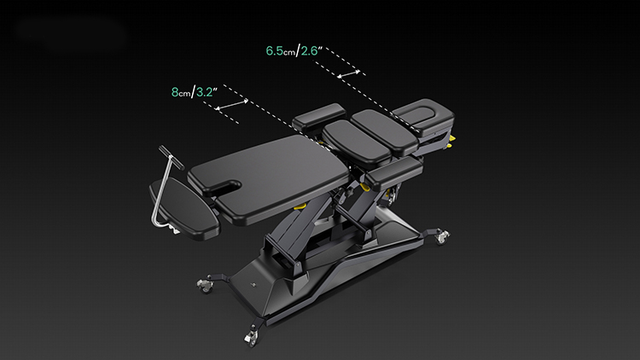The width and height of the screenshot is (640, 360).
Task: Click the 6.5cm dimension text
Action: click(x=280, y=51)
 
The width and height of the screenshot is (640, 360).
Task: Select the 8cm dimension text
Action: click(x=180, y=92)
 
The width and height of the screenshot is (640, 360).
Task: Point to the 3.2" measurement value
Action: click(x=207, y=92)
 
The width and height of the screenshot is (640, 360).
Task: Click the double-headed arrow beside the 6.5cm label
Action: click(x=348, y=73)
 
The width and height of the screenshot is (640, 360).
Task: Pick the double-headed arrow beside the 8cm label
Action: click(x=231, y=104)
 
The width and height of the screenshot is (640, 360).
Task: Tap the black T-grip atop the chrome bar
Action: click(x=171, y=157)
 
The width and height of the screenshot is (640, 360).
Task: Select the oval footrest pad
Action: click(x=184, y=208)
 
